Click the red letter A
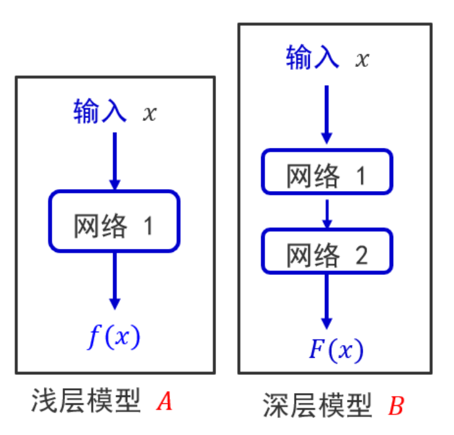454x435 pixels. (164, 402)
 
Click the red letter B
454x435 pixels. (396, 406)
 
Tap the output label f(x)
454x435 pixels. (114, 336)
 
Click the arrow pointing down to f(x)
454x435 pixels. (114, 280)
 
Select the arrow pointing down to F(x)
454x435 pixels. (327, 301)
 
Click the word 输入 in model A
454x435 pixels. (100, 113)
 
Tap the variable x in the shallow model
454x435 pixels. (149, 114)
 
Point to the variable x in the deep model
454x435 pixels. (362, 59)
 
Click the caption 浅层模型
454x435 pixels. (85, 402)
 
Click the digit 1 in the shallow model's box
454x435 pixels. (148, 226)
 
